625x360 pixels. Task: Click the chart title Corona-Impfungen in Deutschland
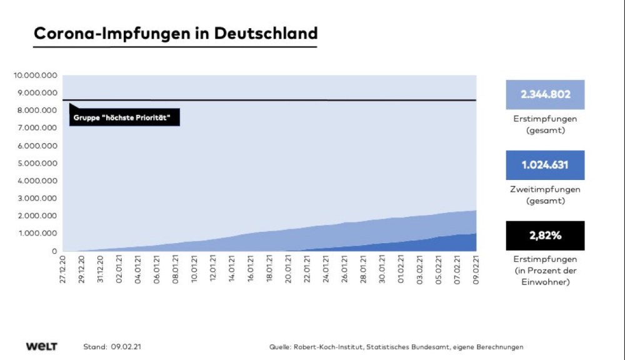click(175, 33)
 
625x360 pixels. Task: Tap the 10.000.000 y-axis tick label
click(36, 76)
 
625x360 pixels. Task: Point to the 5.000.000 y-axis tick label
click(37, 163)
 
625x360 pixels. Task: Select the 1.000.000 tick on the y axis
click(37, 234)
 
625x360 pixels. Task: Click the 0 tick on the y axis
click(55, 251)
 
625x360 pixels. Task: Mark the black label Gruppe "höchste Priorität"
click(124, 117)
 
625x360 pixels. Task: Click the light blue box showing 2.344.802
click(545, 95)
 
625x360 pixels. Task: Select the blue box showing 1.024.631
click(545, 166)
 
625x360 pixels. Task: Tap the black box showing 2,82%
click(545, 236)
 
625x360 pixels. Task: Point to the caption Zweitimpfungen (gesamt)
click(545, 195)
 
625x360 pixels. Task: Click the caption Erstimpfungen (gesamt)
click(545, 124)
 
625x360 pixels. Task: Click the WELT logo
click(42, 346)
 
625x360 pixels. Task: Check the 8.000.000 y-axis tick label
click(37, 111)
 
